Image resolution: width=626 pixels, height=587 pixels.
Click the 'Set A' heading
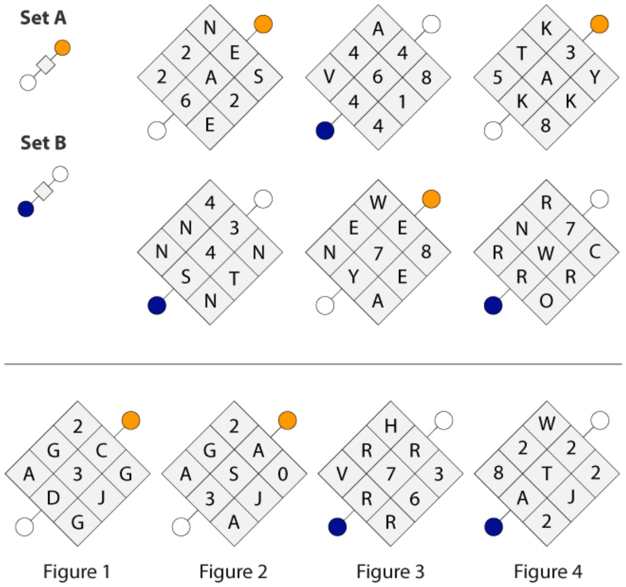43,18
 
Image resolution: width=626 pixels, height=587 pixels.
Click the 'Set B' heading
43,143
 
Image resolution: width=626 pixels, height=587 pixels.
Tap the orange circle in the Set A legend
62,48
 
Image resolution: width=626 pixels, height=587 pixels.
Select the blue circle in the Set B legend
26,209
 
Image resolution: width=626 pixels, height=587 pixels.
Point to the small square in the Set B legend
43,191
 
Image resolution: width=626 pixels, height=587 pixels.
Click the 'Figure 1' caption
76,572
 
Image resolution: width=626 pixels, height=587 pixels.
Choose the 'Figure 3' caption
390,572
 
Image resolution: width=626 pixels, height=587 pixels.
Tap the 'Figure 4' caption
548,572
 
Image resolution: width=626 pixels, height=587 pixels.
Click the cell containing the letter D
54,498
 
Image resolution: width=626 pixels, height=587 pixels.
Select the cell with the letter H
391,426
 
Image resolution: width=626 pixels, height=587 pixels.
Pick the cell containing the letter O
546,300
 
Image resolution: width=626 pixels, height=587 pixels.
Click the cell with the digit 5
497,77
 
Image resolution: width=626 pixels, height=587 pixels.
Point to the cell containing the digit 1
402,102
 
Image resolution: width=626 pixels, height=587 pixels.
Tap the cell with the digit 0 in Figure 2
283,474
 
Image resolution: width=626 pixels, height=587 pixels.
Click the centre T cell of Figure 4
547,474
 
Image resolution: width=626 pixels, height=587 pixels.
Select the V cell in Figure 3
342,474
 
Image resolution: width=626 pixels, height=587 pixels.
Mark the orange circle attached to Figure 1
131,420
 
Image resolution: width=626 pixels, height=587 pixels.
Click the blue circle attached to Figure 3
337,526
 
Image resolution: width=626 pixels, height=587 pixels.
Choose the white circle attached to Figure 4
600,420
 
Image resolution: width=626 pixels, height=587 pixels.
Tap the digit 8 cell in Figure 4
498,473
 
